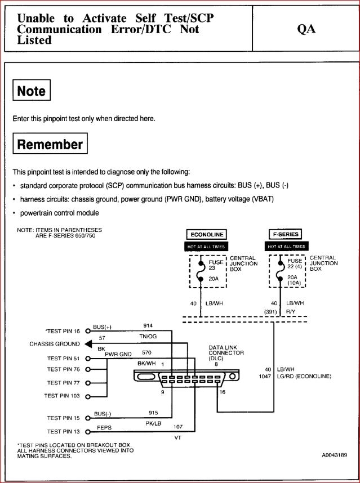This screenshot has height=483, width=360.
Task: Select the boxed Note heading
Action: pyautogui.click(x=32, y=91)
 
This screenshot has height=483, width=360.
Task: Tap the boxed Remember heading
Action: pyautogui.click(x=50, y=144)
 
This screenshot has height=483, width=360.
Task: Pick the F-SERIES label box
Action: pyautogui.click(x=286, y=234)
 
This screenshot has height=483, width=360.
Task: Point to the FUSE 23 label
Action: pyautogui.click(x=216, y=265)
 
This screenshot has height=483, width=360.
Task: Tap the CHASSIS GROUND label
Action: pyautogui.click(x=55, y=344)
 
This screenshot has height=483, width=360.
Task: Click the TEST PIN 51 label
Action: pyautogui.click(x=63, y=358)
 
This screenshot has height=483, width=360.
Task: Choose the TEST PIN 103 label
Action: pyautogui.click(x=62, y=396)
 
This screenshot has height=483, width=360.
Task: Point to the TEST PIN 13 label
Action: pyautogui.click(x=63, y=432)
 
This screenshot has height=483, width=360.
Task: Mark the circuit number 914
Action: pyautogui.click(x=148, y=326)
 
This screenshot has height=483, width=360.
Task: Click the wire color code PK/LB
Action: pyautogui.click(x=154, y=423)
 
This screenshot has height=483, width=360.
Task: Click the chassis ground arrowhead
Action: pyautogui.click(x=88, y=344)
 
